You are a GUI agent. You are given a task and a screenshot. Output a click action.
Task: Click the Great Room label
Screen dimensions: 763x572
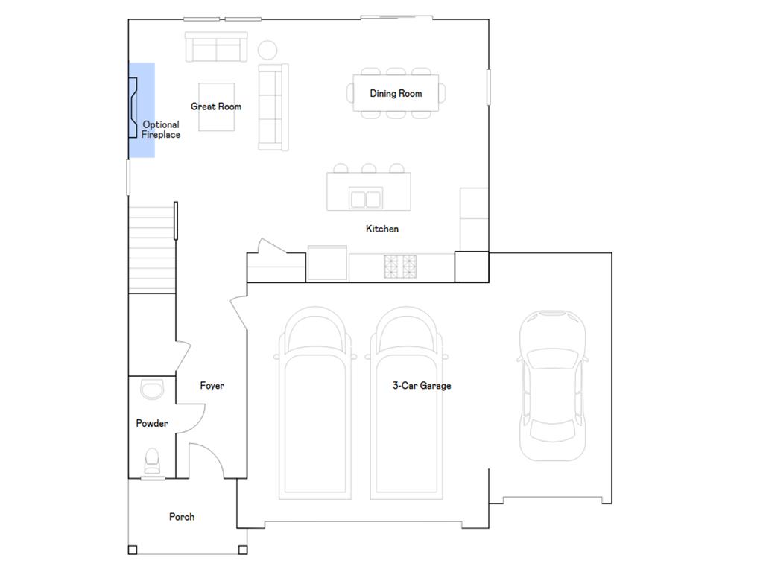(216, 107)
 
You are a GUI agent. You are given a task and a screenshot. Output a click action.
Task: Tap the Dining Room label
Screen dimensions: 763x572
(396, 93)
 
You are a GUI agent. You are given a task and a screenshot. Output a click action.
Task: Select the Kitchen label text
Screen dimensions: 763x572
(382, 229)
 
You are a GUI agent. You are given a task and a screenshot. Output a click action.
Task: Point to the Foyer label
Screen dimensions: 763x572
(212, 386)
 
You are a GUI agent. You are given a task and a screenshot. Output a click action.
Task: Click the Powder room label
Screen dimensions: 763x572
(152, 423)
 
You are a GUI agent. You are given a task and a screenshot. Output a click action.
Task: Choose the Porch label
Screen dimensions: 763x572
(182, 517)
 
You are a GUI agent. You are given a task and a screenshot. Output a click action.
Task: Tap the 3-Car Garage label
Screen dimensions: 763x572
(422, 386)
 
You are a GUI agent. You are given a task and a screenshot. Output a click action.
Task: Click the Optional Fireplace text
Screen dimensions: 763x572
(161, 130)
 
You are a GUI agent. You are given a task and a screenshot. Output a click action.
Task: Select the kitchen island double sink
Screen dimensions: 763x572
(366, 198)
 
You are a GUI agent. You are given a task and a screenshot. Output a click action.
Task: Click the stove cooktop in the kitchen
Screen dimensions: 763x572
(400, 267)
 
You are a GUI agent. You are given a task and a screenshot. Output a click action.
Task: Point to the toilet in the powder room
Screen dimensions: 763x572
(152, 460)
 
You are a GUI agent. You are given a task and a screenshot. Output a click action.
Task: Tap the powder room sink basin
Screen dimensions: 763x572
(152, 389)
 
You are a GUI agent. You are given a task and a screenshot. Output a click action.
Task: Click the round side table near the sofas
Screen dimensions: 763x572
(267, 50)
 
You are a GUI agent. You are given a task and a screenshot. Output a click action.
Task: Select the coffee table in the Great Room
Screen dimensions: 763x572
(217, 107)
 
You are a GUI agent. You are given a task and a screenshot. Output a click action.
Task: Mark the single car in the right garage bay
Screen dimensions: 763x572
(552, 385)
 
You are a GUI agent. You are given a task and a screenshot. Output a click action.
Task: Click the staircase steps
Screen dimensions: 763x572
(152, 249)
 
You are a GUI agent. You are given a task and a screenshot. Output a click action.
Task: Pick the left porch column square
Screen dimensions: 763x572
(133, 550)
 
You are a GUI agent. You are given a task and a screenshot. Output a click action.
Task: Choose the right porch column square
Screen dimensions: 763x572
(243, 550)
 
